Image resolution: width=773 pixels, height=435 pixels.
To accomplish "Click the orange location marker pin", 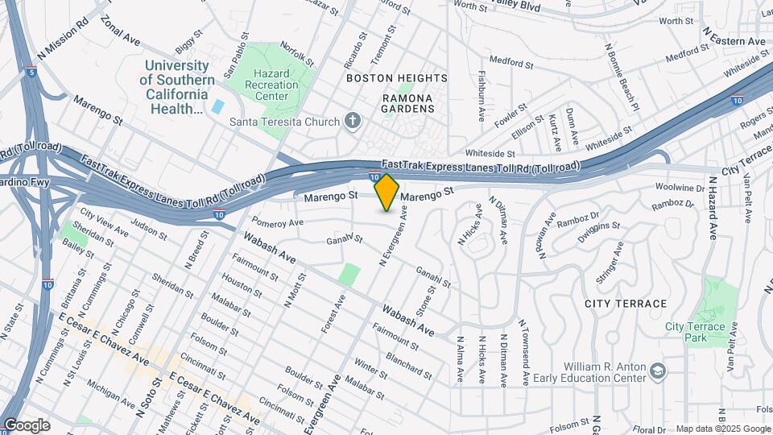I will (387, 192).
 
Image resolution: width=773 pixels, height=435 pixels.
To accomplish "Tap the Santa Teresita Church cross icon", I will (351, 122).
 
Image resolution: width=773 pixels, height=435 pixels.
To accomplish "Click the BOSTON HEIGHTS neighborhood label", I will (396, 78).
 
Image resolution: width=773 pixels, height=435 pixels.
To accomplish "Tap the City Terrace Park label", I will (695, 333).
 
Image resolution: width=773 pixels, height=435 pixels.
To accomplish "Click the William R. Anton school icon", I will (659, 370).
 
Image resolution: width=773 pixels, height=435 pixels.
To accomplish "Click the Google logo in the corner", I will (26, 425).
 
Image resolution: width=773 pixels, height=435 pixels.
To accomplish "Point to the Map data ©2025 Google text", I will (722, 429).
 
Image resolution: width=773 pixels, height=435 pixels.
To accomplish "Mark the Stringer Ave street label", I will (610, 261).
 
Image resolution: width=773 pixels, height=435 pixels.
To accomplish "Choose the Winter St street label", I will (370, 369).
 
